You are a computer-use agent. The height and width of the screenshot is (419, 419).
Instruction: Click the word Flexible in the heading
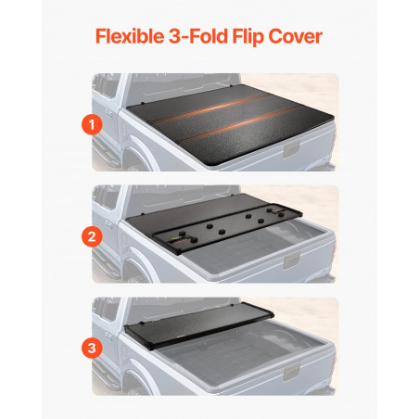130,36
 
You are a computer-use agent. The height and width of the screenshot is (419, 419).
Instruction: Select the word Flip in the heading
248,37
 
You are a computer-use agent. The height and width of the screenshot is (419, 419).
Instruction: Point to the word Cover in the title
296,36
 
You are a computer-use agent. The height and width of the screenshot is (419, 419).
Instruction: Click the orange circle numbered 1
92,125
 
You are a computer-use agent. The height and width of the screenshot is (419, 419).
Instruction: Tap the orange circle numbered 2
92,236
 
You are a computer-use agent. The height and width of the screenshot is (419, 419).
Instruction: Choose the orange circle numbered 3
92,348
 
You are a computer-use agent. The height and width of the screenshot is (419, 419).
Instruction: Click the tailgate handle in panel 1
291,149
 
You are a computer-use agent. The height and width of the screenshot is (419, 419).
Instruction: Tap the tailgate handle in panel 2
291,260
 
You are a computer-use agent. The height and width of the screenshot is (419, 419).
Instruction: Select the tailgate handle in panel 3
291,373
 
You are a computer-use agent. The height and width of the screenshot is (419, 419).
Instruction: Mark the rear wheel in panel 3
136,386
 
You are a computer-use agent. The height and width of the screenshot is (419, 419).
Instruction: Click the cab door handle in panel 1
108,113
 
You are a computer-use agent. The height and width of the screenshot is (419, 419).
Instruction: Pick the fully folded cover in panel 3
198,325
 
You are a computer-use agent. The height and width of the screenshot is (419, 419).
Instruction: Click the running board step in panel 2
106,265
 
